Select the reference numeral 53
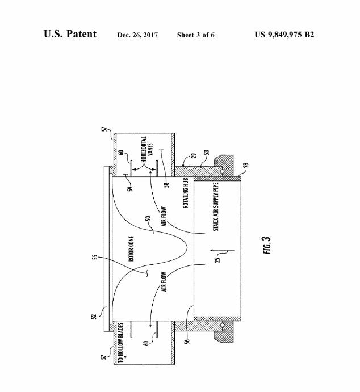click(206, 154)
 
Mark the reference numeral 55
click(95, 258)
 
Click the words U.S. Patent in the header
click(70, 34)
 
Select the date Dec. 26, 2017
click(137, 35)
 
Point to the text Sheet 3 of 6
click(195, 35)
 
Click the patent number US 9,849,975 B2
click(284, 35)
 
